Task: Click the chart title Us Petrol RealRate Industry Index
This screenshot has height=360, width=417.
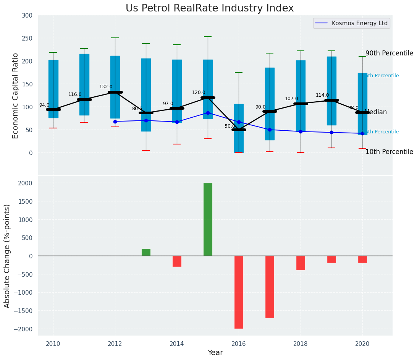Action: [210, 8]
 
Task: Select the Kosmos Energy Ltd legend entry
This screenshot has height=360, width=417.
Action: [359, 23]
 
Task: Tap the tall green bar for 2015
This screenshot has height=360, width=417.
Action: [208, 219]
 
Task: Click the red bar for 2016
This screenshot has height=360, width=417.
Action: [239, 292]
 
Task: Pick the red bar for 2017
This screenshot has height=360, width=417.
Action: [270, 287]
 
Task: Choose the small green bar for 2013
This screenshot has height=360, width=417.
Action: [146, 252]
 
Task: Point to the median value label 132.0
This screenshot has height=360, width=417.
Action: [106, 87]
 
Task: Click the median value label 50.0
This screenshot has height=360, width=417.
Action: [230, 126]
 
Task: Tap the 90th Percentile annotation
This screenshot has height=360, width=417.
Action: [389, 53]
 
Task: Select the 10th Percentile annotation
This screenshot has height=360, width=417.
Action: [389, 152]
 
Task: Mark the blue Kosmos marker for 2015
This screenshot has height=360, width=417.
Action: [208, 113]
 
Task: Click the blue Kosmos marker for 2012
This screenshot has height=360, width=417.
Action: [115, 122]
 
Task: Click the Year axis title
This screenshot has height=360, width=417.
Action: [215, 353]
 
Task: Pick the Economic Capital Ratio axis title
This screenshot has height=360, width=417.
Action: [16, 96]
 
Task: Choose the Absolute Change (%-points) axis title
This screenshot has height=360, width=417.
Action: [7, 256]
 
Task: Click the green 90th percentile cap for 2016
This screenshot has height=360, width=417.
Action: [239, 73]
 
